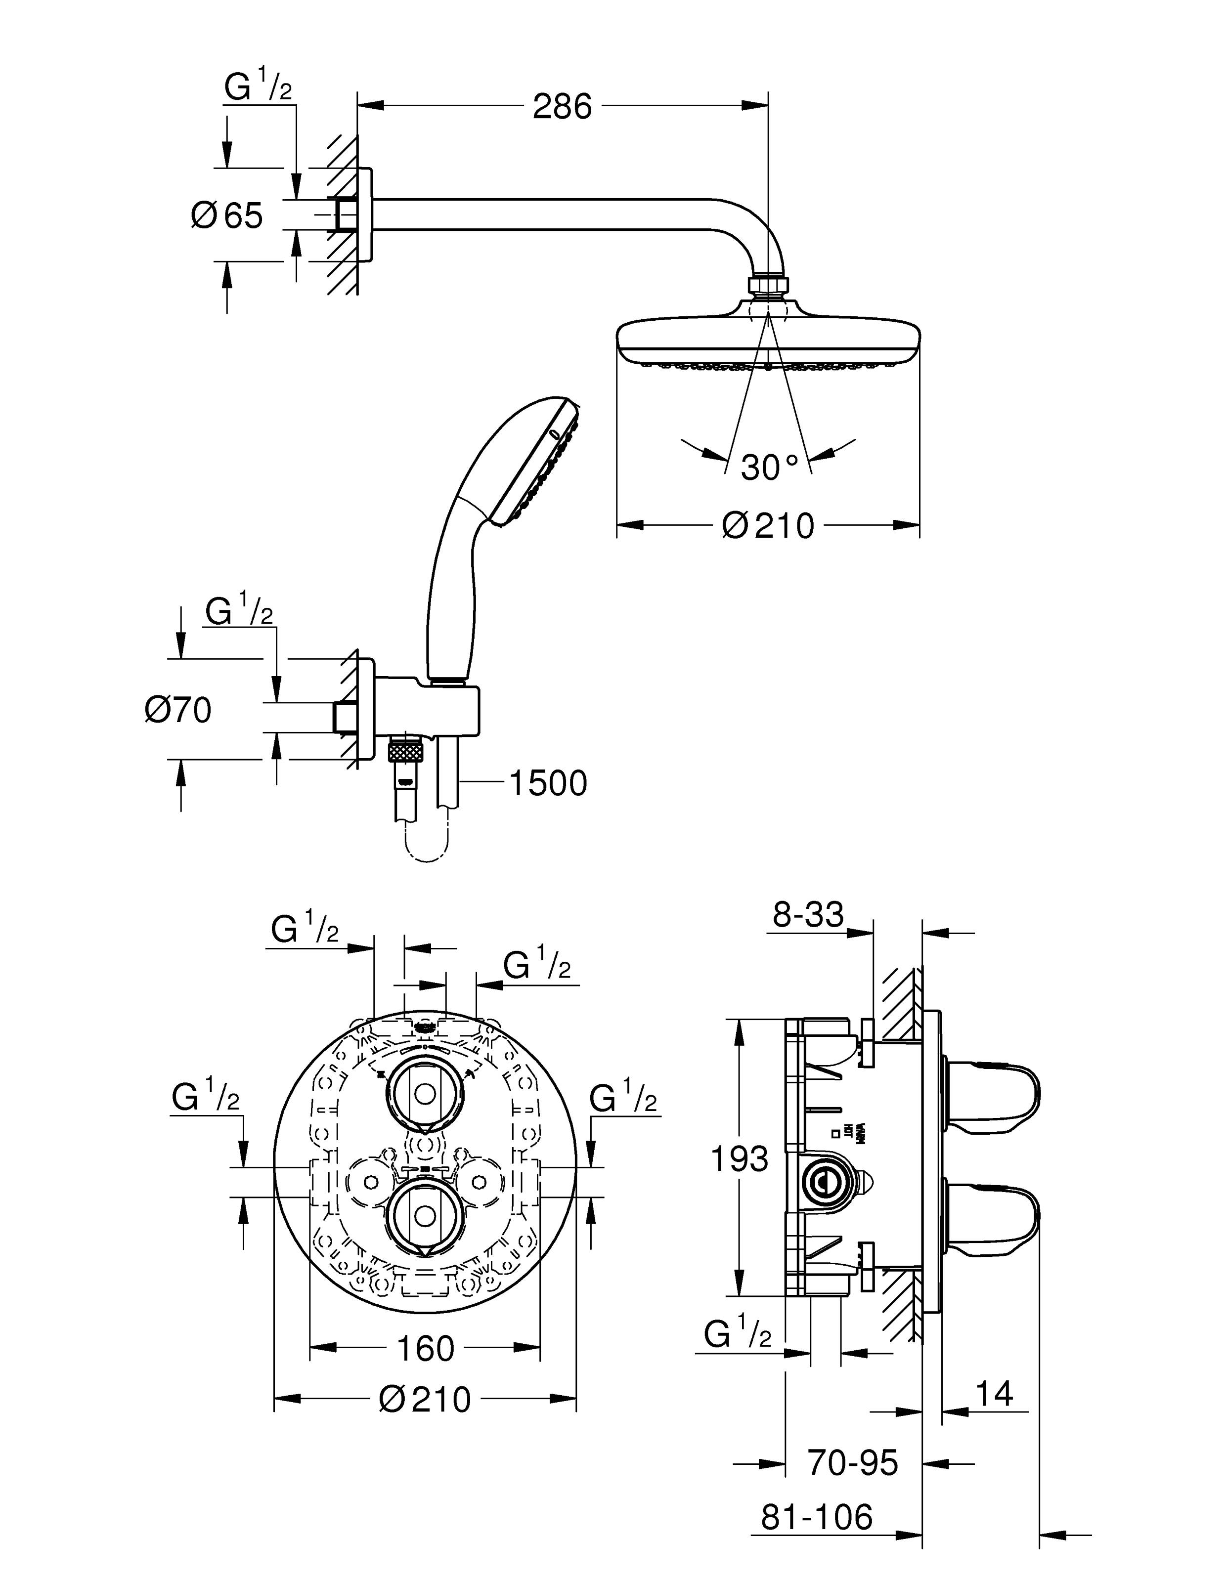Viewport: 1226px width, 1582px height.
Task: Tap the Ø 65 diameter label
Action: click(x=227, y=216)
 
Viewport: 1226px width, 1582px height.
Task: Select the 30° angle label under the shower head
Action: click(x=769, y=467)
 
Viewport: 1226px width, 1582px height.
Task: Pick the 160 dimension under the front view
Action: click(x=425, y=1348)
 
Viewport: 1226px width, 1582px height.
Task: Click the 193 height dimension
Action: click(x=739, y=1159)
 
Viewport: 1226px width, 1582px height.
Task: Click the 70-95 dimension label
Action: click(x=853, y=1462)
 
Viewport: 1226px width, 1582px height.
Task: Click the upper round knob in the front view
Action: click(x=423, y=1095)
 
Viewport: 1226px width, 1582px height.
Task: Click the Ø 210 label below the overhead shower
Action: click(x=768, y=525)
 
